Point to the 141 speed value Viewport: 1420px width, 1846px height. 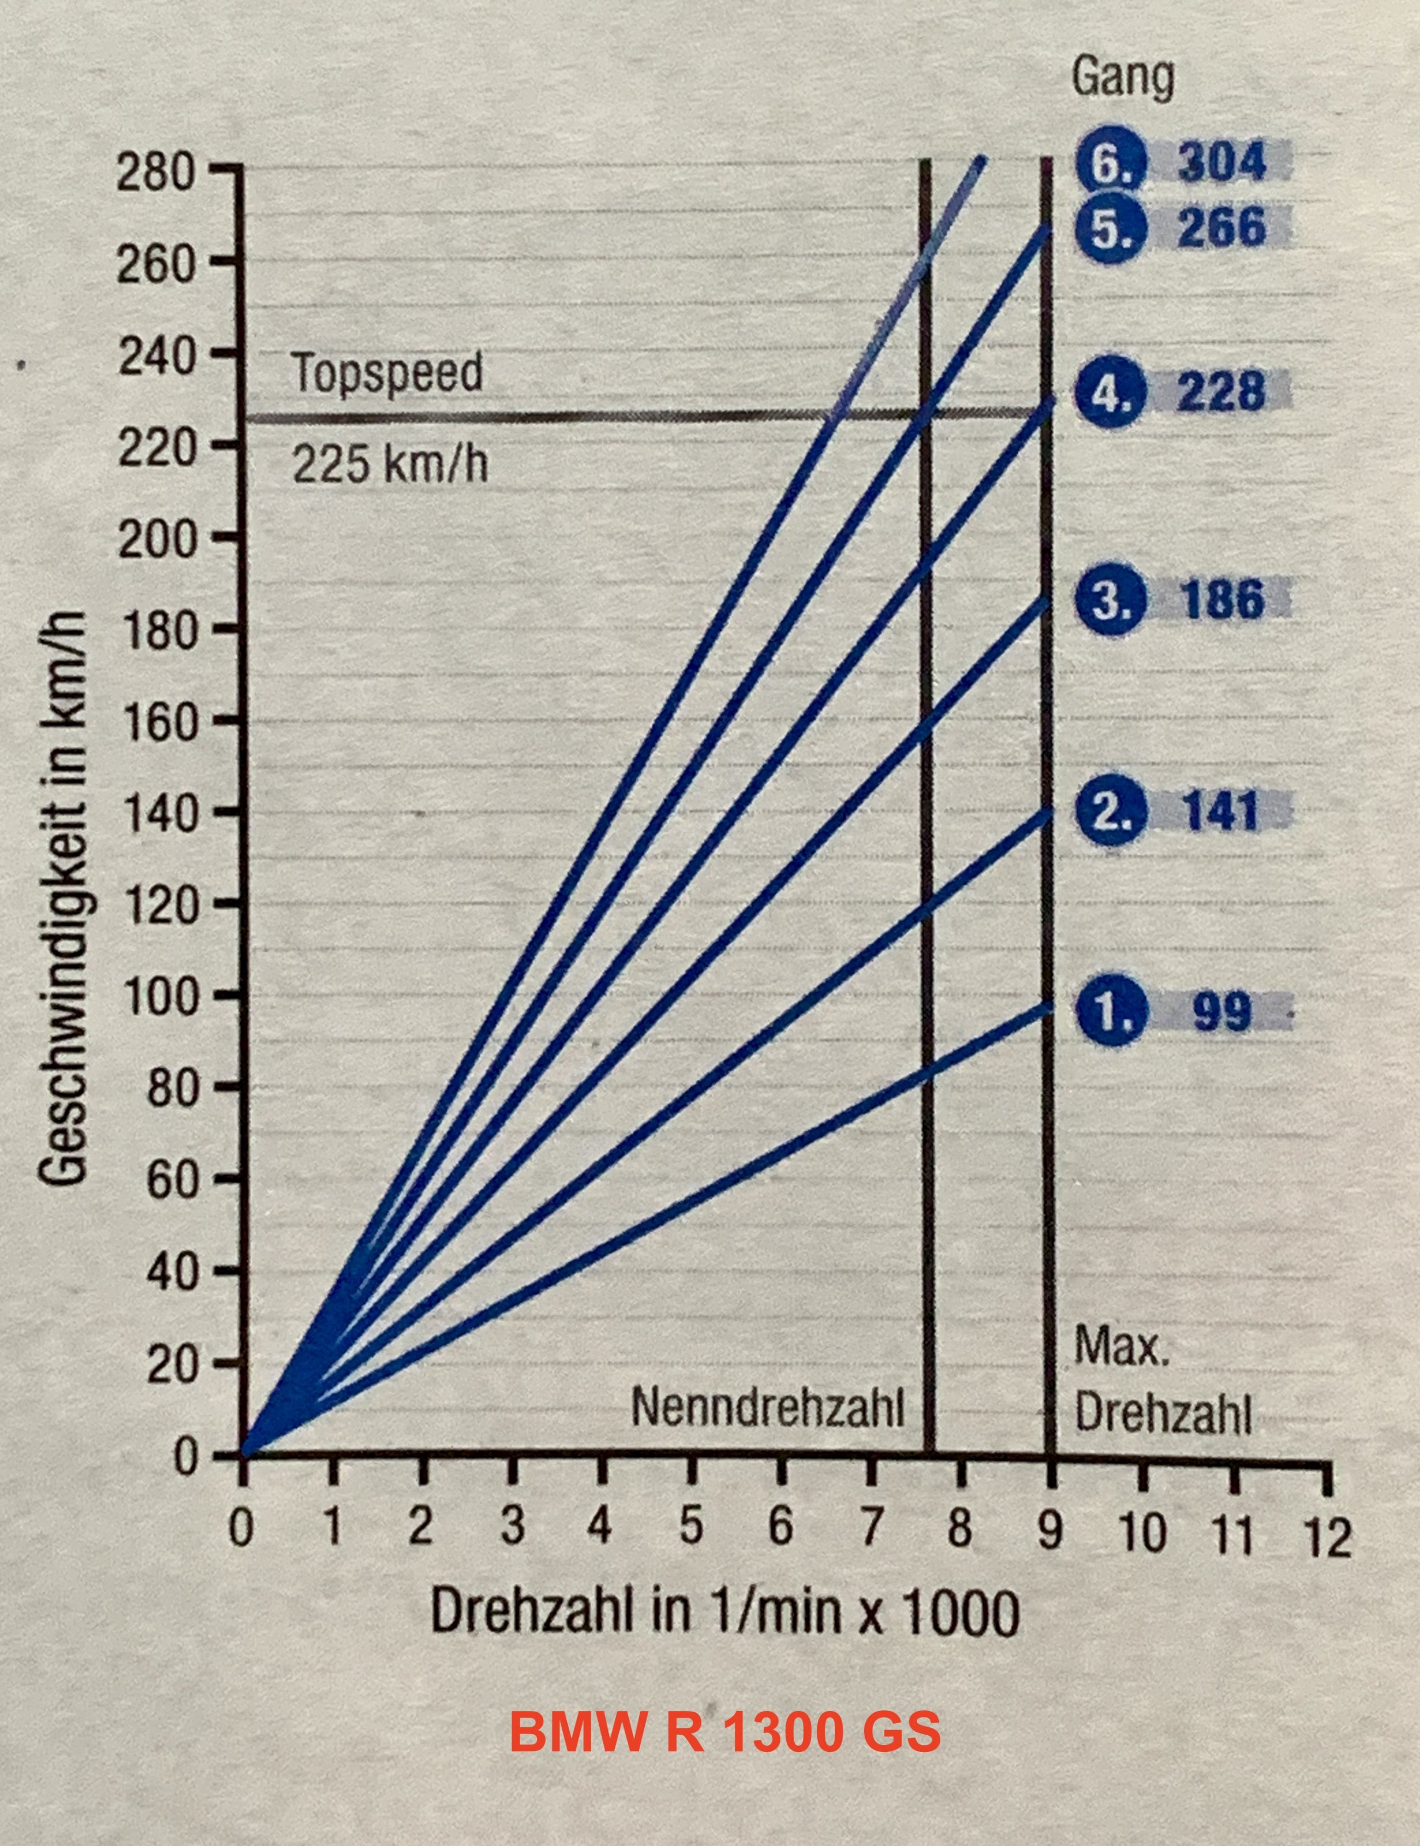click(x=1222, y=811)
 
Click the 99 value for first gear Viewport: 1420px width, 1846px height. click(x=1222, y=1012)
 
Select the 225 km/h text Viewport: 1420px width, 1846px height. click(x=390, y=463)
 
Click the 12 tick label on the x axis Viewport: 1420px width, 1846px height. click(x=1328, y=1537)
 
